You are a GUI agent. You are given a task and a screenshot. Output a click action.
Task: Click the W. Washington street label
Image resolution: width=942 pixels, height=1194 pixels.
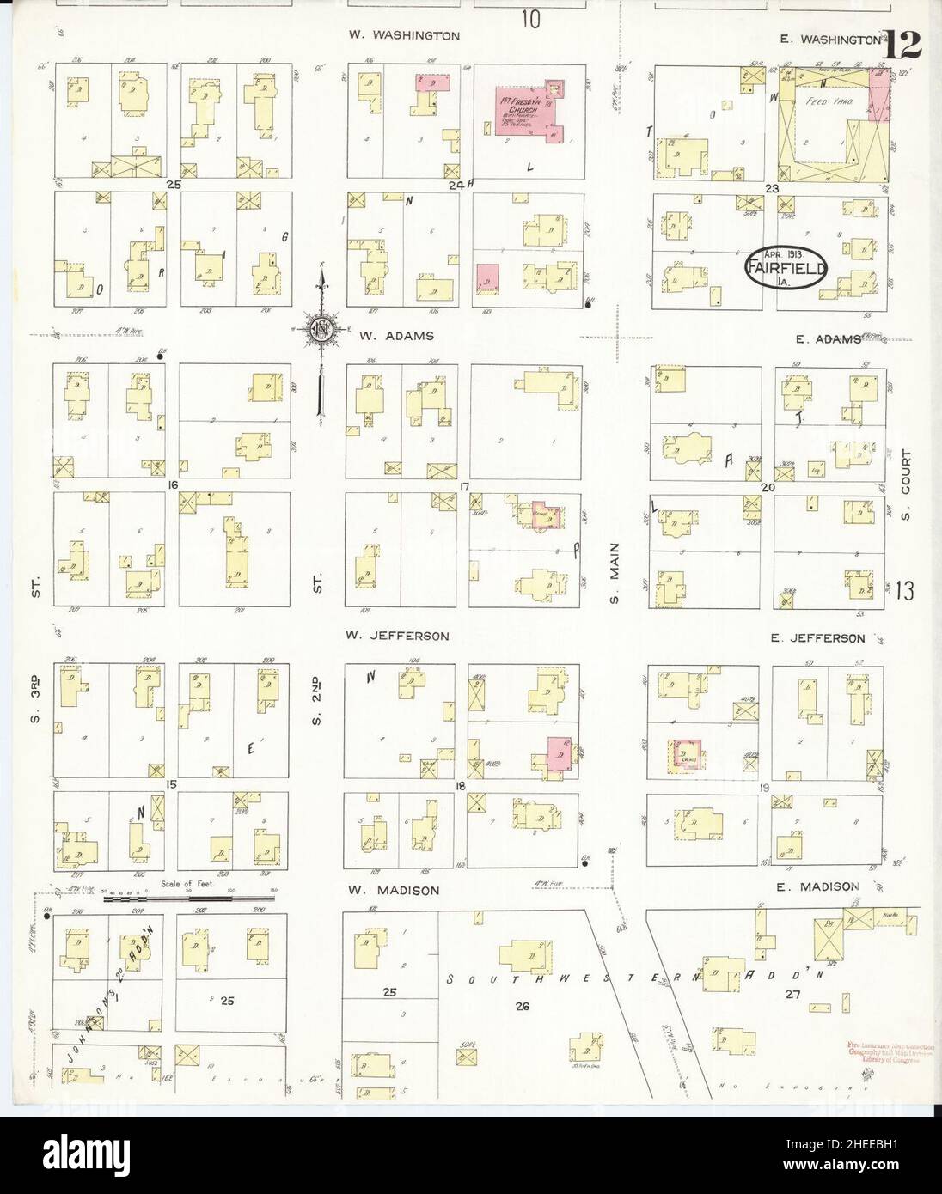404,35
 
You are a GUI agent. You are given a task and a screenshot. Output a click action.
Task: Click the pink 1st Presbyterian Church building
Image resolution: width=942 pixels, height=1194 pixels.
529,113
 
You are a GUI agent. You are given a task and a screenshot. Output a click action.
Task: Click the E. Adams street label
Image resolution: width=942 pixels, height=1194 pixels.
828,339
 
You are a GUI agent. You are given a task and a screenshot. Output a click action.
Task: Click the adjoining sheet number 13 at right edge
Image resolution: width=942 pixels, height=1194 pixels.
903,590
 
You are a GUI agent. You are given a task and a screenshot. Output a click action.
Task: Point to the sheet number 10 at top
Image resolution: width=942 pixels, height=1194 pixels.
529,18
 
